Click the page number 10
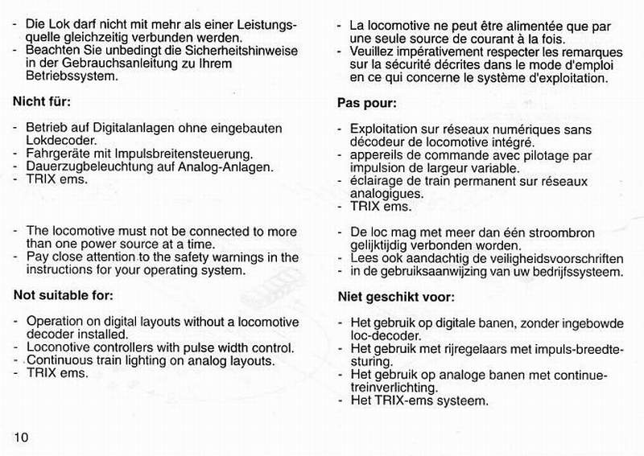21,437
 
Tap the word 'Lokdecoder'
58,141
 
